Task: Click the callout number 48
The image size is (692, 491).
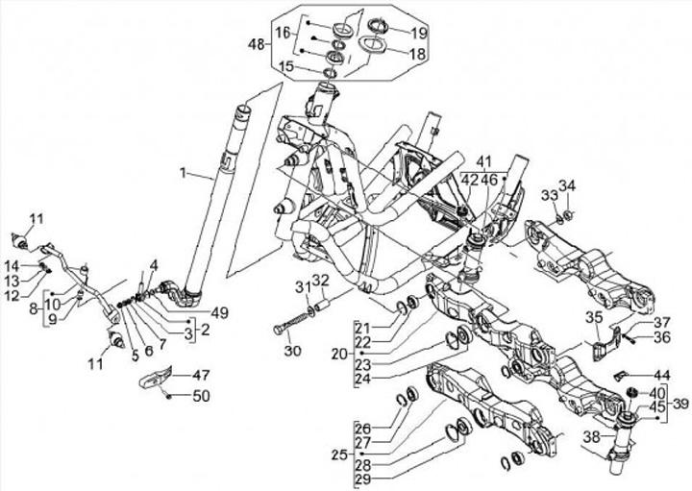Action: point(255,45)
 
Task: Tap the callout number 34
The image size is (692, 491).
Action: point(567,185)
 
